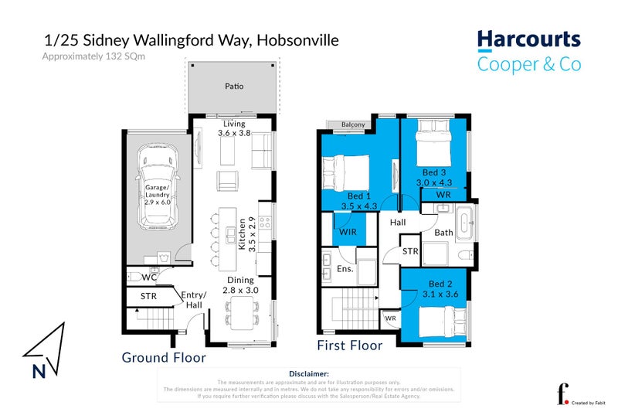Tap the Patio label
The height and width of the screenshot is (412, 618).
click(234, 86)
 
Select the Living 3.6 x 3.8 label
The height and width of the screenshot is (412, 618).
click(234, 128)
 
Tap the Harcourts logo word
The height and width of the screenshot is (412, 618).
click(528, 40)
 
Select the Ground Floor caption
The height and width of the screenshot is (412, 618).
click(164, 358)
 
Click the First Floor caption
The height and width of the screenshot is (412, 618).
click(350, 346)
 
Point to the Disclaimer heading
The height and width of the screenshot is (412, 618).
click(309, 373)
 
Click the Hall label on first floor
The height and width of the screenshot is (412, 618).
click(398, 222)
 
